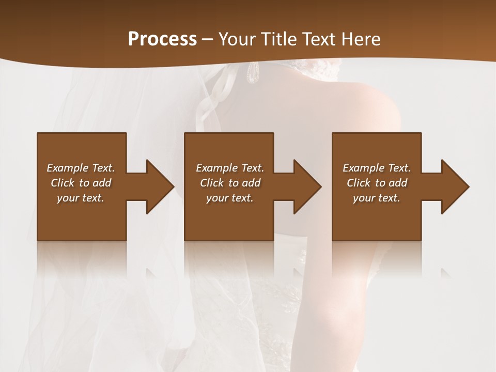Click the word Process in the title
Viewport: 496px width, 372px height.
(162, 39)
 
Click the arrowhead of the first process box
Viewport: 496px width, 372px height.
(160, 187)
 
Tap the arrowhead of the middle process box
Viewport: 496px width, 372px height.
(307, 187)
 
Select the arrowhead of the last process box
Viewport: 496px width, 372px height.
(455, 187)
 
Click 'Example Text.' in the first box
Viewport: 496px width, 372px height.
(81, 168)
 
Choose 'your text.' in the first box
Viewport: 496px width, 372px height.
(81, 198)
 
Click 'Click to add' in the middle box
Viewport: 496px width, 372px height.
(230, 183)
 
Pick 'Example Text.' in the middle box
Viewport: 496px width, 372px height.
(230, 168)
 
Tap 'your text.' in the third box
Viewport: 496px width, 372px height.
(377, 198)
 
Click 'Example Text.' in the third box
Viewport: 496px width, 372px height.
(377, 168)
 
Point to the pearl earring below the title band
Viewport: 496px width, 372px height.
(253, 74)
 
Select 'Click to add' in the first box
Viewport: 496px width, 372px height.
(81, 183)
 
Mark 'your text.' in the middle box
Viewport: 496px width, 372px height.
(230, 198)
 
